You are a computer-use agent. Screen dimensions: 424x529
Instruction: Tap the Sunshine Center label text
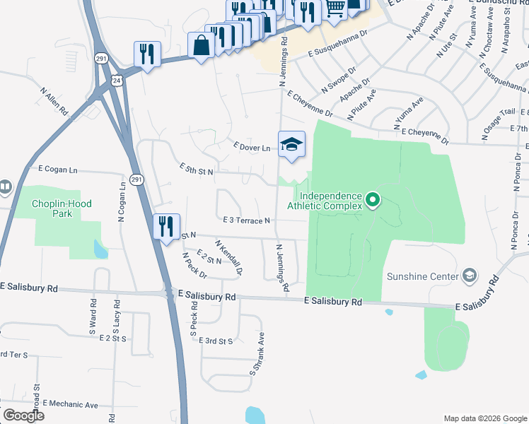[x=423, y=276]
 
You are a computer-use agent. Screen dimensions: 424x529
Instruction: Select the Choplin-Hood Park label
[x=62, y=208]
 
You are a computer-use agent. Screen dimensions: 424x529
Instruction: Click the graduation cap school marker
[x=291, y=146]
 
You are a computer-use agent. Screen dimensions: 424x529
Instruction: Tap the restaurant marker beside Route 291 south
[x=167, y=227]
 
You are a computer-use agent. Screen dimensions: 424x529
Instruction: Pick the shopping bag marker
[x=202, y=45]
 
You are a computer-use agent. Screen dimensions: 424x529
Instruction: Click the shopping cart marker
[x=335, y=9]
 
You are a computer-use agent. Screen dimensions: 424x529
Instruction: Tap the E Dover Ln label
[x=252, y=147]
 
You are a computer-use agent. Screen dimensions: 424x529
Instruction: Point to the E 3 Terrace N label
[x=247, y=220]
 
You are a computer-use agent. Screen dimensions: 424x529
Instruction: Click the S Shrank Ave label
[x=256, y=353]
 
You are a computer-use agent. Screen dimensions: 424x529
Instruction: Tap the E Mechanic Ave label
[x=71, y=404]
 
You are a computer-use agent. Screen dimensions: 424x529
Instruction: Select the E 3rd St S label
[x=216, y=341]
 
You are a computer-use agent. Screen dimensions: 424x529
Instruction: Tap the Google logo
[x=23, y=416]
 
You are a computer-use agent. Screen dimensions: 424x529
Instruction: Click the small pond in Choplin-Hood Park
[x=100, y=249]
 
